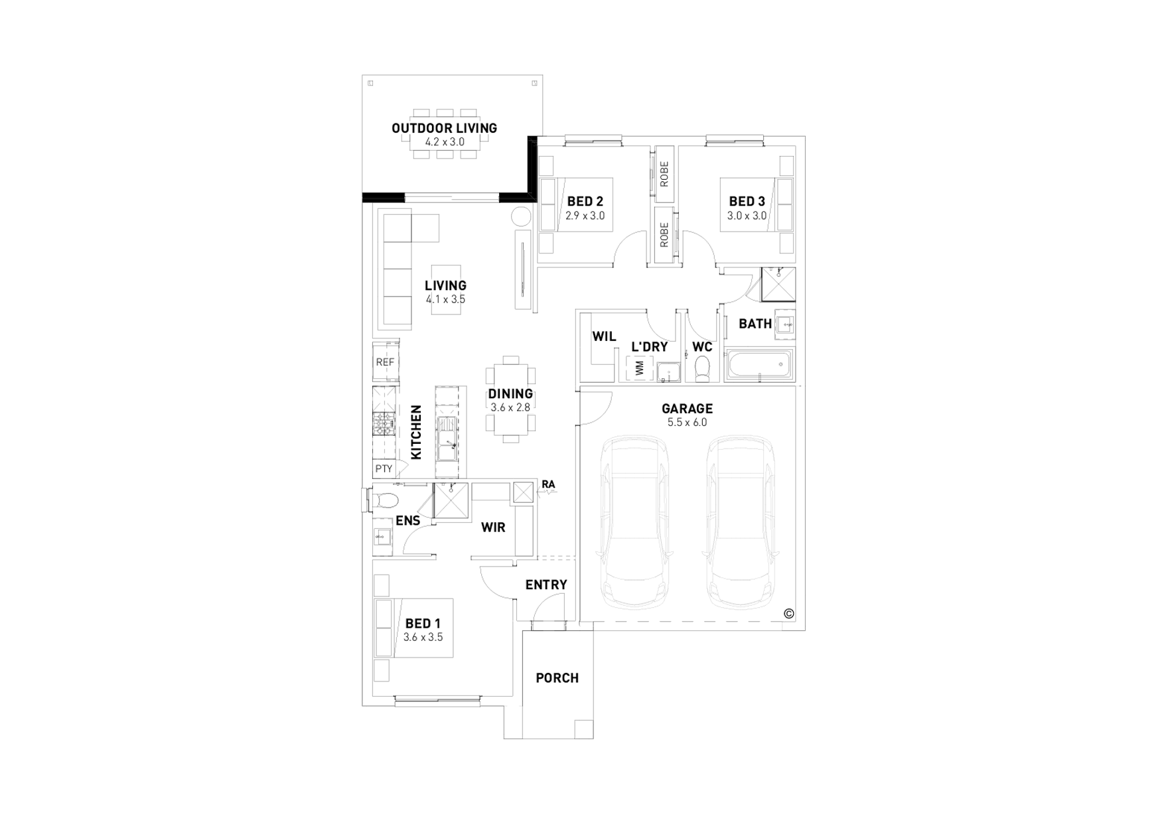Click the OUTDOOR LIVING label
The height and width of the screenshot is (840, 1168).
[444, 128]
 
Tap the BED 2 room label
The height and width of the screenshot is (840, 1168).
[585, 202]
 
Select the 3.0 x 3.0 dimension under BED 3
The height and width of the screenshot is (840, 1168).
[747, 216]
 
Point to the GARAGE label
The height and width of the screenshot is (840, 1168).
[687, 409]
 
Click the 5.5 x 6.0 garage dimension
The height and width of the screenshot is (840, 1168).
[687, 423]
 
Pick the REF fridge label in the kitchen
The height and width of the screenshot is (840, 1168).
[385, 362]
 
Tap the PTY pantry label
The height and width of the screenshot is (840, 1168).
[384, 468]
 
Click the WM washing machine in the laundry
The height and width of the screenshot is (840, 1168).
[640, 369]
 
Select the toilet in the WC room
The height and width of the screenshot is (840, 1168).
[701, 368]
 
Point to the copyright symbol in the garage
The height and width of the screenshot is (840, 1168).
[788, 614]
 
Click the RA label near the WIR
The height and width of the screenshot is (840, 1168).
[548, 484]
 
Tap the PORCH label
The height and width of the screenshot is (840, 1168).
[557, 678]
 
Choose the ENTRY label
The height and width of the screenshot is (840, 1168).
[546, 585]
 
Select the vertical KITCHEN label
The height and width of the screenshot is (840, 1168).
[416, 432]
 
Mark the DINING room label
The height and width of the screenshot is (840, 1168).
[510, 393]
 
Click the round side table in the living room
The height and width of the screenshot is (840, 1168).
[522, 216]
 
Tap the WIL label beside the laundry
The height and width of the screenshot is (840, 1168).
[604, 336]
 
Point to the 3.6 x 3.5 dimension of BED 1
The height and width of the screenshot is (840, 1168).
[423, 638]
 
